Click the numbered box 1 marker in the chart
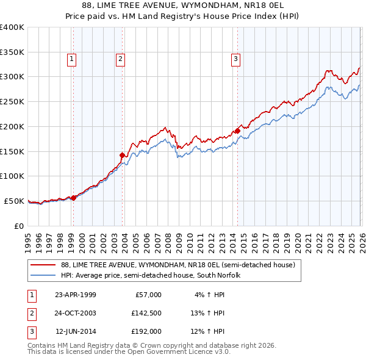72,59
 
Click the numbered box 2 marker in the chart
120,59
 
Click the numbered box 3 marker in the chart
235,59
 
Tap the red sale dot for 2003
123,155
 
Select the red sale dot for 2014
237,130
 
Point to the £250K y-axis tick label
12,101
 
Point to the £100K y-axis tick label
12,176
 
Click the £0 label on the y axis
18,226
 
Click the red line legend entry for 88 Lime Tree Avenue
178,265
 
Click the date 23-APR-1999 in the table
75,295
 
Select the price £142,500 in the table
146,313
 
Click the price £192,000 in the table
146,331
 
